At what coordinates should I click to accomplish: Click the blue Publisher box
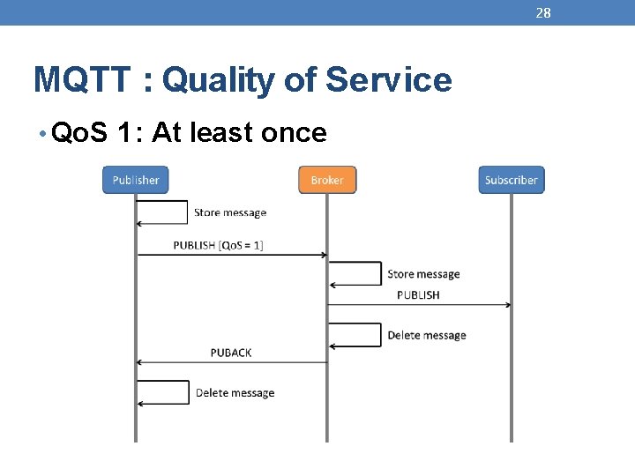point(135,180)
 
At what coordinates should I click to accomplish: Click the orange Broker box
point(327,180)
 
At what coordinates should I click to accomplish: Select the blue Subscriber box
point(511,180)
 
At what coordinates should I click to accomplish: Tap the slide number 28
point(543,12)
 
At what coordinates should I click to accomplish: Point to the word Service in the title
point(388,80)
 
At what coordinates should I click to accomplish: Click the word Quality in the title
point(219,80)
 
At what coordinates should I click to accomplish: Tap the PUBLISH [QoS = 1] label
point(218,245)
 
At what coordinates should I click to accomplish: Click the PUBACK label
point(231,353)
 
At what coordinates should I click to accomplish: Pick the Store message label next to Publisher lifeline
point(229,212)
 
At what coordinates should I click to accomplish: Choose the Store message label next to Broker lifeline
point(423,274)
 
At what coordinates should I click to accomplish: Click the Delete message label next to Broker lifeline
point(426,335)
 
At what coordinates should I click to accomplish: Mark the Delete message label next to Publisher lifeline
point(235,393)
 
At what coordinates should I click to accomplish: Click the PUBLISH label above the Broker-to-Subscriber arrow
point(418,294)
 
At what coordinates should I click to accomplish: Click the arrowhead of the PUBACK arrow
point(139,362)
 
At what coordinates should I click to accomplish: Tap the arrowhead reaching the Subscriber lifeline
point(507,305)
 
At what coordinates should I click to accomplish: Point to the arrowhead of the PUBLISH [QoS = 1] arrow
point(324,256)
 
